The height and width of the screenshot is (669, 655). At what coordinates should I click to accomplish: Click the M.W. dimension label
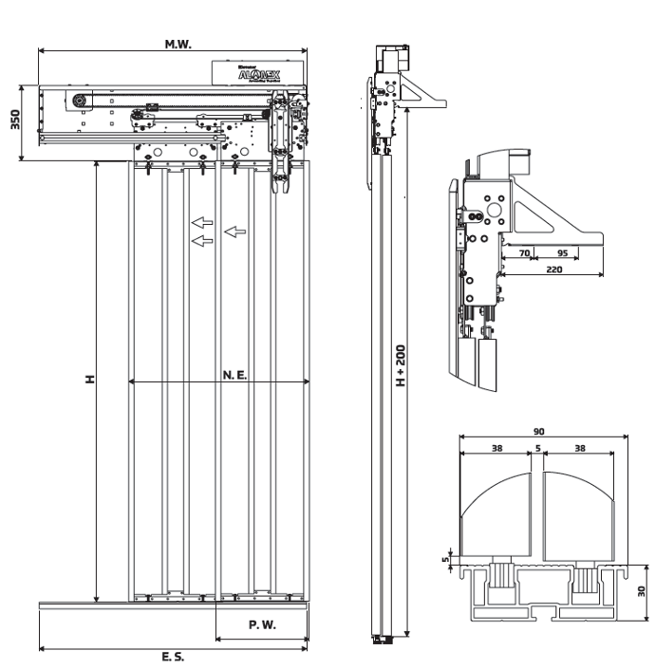(x=178, y=44)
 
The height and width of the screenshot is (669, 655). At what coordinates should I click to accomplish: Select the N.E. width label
(x=235, y=376)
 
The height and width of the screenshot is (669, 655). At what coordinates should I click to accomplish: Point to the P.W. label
(x=261, y=625)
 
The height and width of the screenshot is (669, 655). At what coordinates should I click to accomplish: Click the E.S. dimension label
(x=173, y=657)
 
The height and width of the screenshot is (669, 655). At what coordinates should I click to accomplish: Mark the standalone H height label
(x=88, y=379)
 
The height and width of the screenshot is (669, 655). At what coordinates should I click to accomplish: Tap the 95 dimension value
(x=562, y=254)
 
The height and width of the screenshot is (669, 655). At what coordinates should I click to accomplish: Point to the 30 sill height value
(x=643, y=590)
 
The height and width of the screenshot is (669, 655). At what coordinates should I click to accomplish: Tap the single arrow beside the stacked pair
(x=235, y=231)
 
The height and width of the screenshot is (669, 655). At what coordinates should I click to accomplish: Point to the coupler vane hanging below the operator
(x=282, y=176)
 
